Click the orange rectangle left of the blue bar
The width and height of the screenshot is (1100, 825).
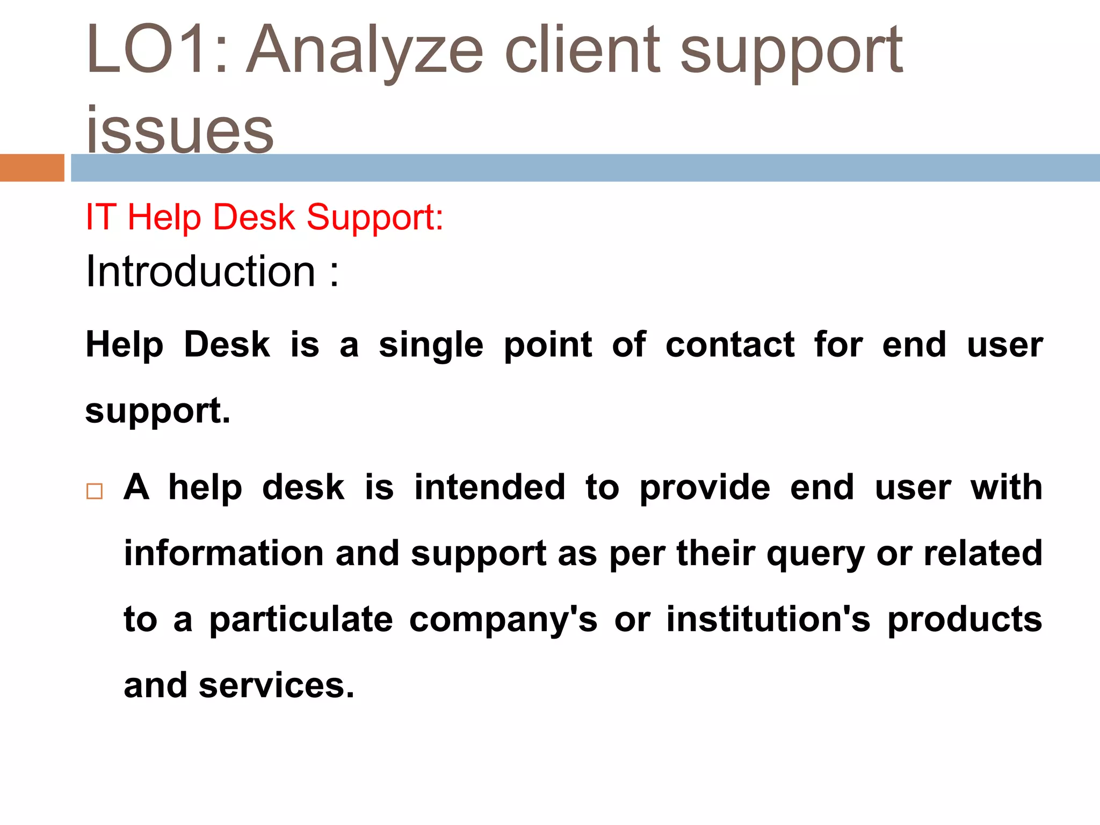(32, 168)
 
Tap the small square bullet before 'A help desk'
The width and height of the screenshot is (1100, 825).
(94, 491)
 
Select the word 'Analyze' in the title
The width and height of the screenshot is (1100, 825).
(365, 51)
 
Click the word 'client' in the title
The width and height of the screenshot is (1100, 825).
(582, 51)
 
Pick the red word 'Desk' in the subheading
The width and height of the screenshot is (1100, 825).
(254, 218)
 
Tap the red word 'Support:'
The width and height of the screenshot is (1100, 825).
(375, 218)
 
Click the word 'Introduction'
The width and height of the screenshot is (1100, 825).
(200, 271)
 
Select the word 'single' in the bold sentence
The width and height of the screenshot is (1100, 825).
(431, 345)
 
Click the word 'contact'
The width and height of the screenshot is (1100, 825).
(730, 345)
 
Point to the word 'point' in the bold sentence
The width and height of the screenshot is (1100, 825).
(548, 345)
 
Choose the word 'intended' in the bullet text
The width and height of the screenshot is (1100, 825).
(490, 488)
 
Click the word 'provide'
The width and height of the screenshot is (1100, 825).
(705, 488)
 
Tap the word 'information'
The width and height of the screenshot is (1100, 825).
(224, 553)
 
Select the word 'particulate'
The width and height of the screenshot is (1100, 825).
(301, 620)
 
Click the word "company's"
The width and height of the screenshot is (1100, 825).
(503, 620)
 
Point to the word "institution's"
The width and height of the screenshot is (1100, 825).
(768, 619)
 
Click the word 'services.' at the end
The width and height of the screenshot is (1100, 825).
(277, 686)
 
